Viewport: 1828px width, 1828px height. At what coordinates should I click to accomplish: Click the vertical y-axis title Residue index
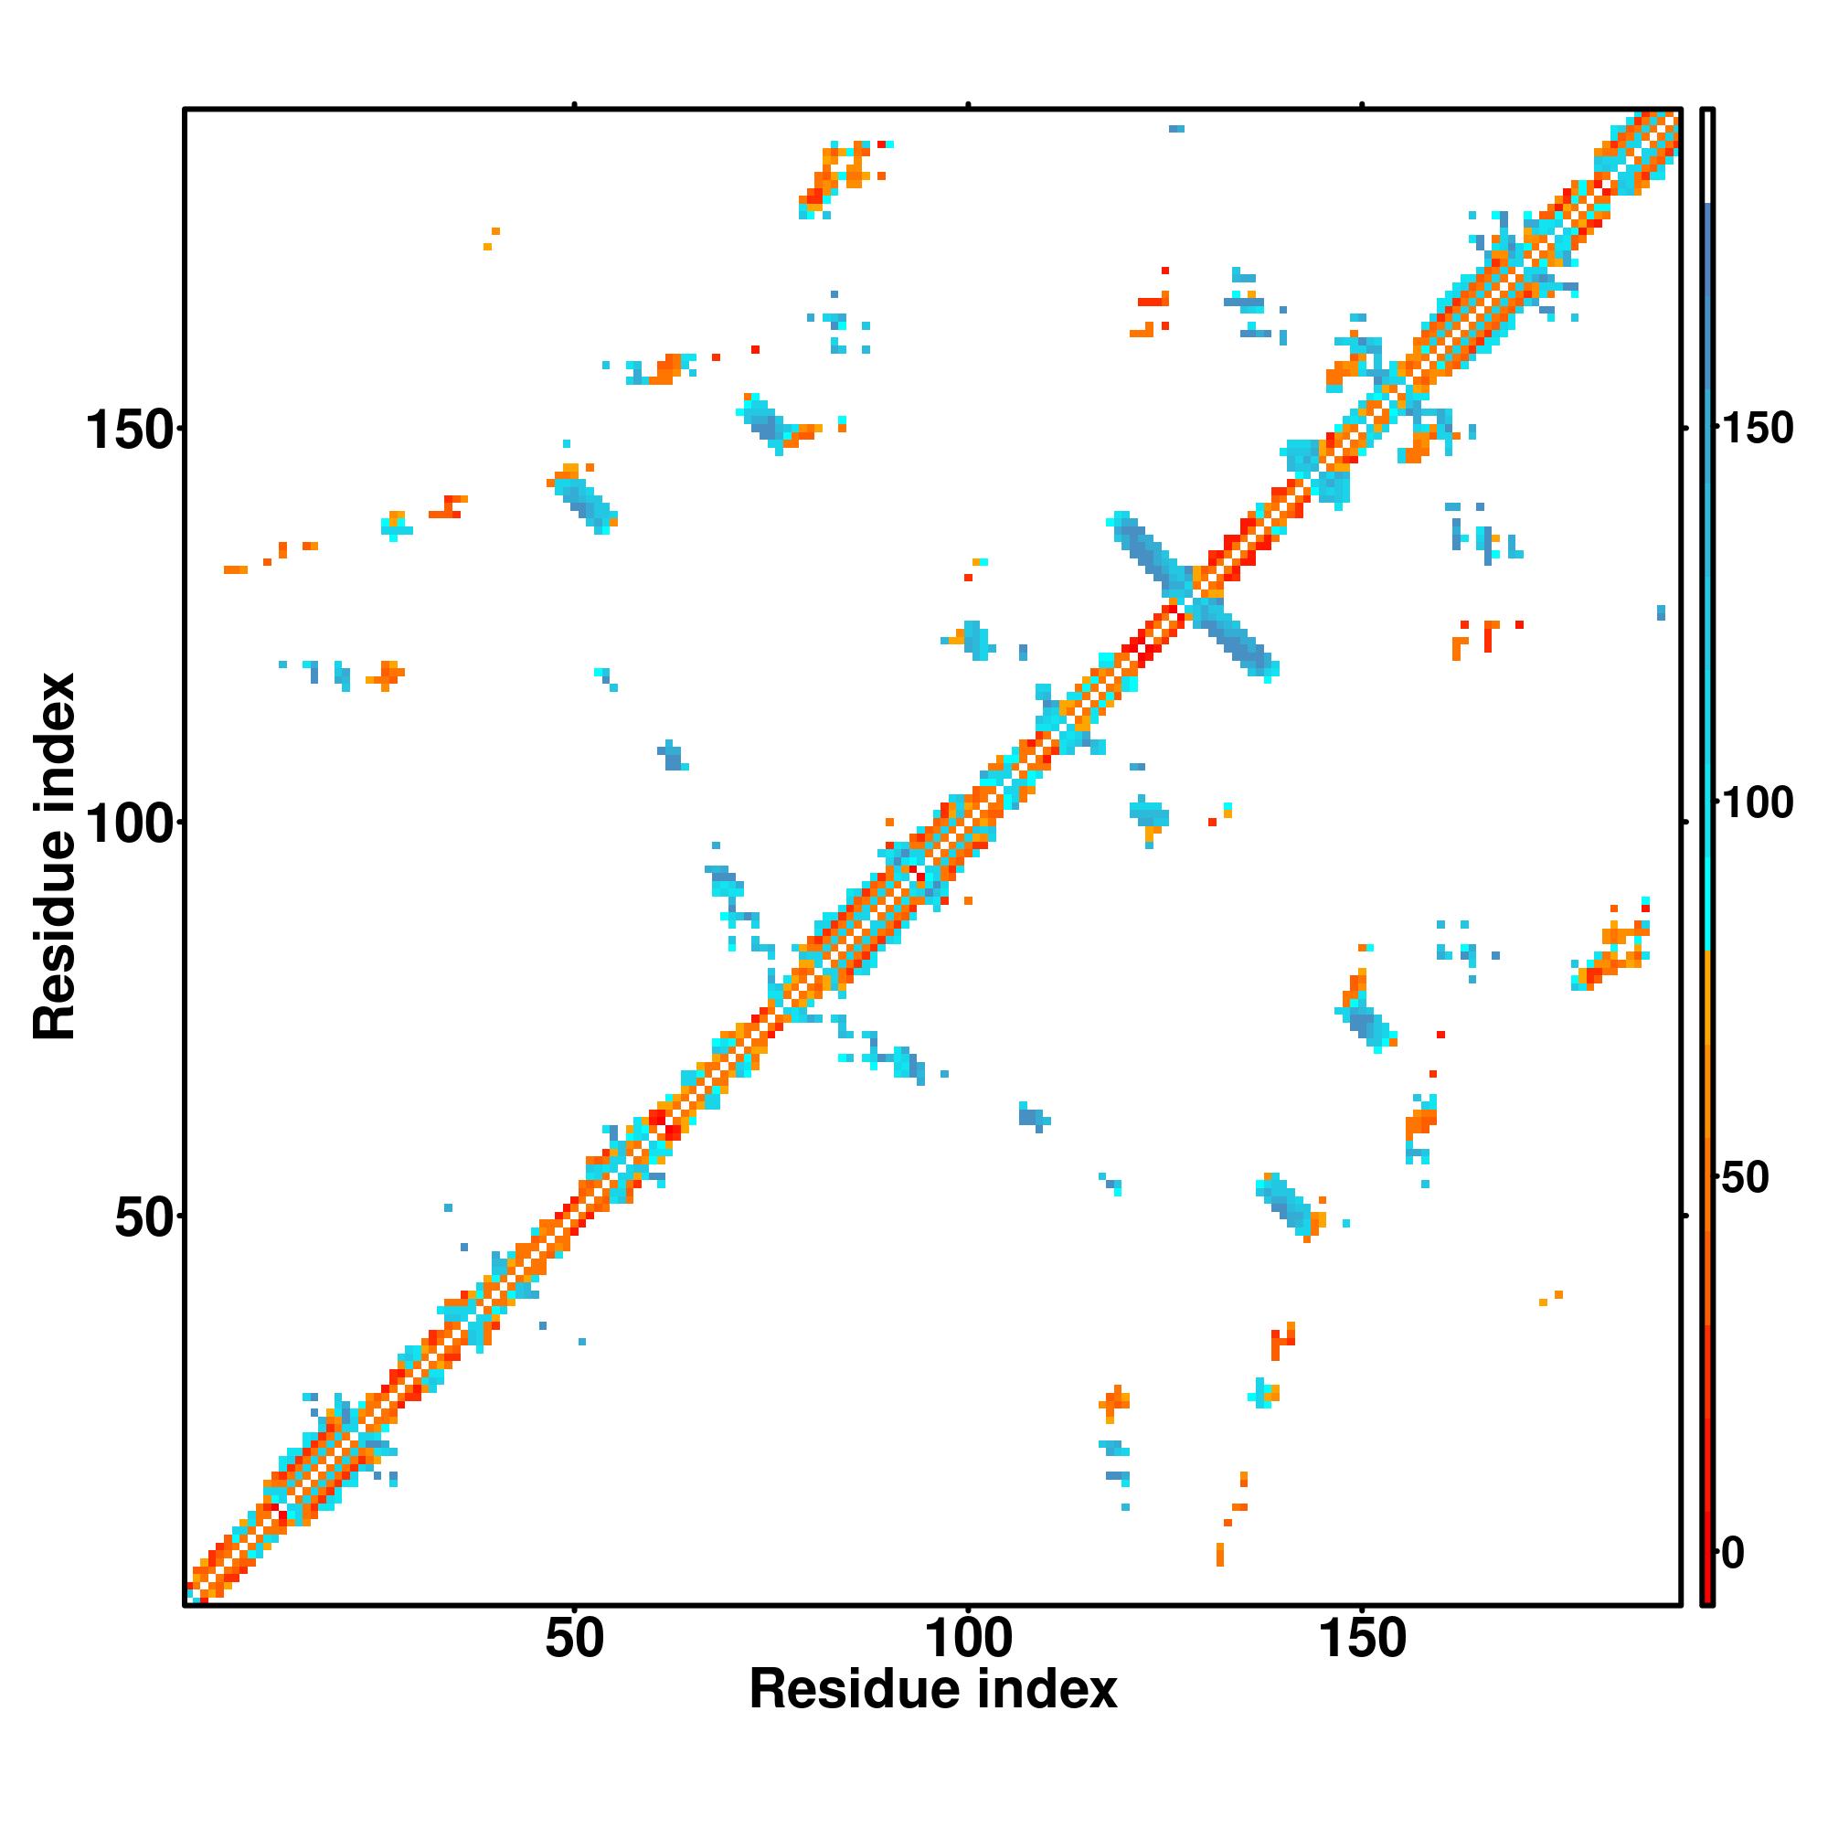click(55, 857)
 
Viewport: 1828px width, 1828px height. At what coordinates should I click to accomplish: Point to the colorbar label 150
click(1756, 430)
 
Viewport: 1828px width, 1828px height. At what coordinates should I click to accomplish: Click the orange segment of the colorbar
click(1708, 1135)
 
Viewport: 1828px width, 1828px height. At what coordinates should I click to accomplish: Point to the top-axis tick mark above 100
click(968, 104)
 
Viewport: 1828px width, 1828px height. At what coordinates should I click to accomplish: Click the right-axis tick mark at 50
click(1685, 1216)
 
